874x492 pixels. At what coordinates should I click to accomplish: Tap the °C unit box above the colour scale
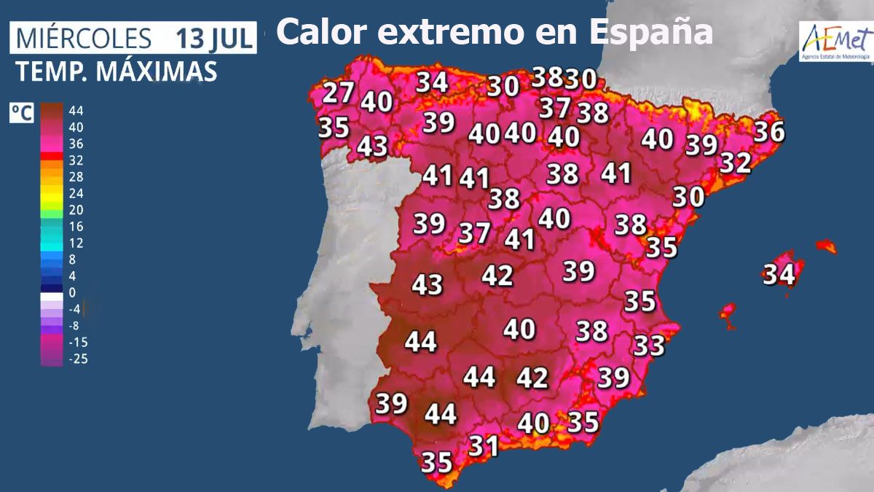tap(20, 113)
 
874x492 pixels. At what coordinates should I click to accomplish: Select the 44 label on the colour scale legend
tap(76, 111)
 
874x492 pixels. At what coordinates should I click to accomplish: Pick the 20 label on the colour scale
tap(76, 210)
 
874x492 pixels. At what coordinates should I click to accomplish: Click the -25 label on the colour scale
tap(77, 358)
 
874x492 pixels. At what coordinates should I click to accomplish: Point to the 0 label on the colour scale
tap(72, 292)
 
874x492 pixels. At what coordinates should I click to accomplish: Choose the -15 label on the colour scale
tap(77, 342)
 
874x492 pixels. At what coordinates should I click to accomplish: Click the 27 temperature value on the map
tap(338, 93)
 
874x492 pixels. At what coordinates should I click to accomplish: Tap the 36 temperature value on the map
tap(769, 132)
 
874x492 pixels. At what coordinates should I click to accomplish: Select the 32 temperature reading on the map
tap(735, 163)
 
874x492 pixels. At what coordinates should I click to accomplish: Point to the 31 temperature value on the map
tap(483, 445)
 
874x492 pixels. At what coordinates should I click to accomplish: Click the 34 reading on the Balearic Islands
tap(778, 275)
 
